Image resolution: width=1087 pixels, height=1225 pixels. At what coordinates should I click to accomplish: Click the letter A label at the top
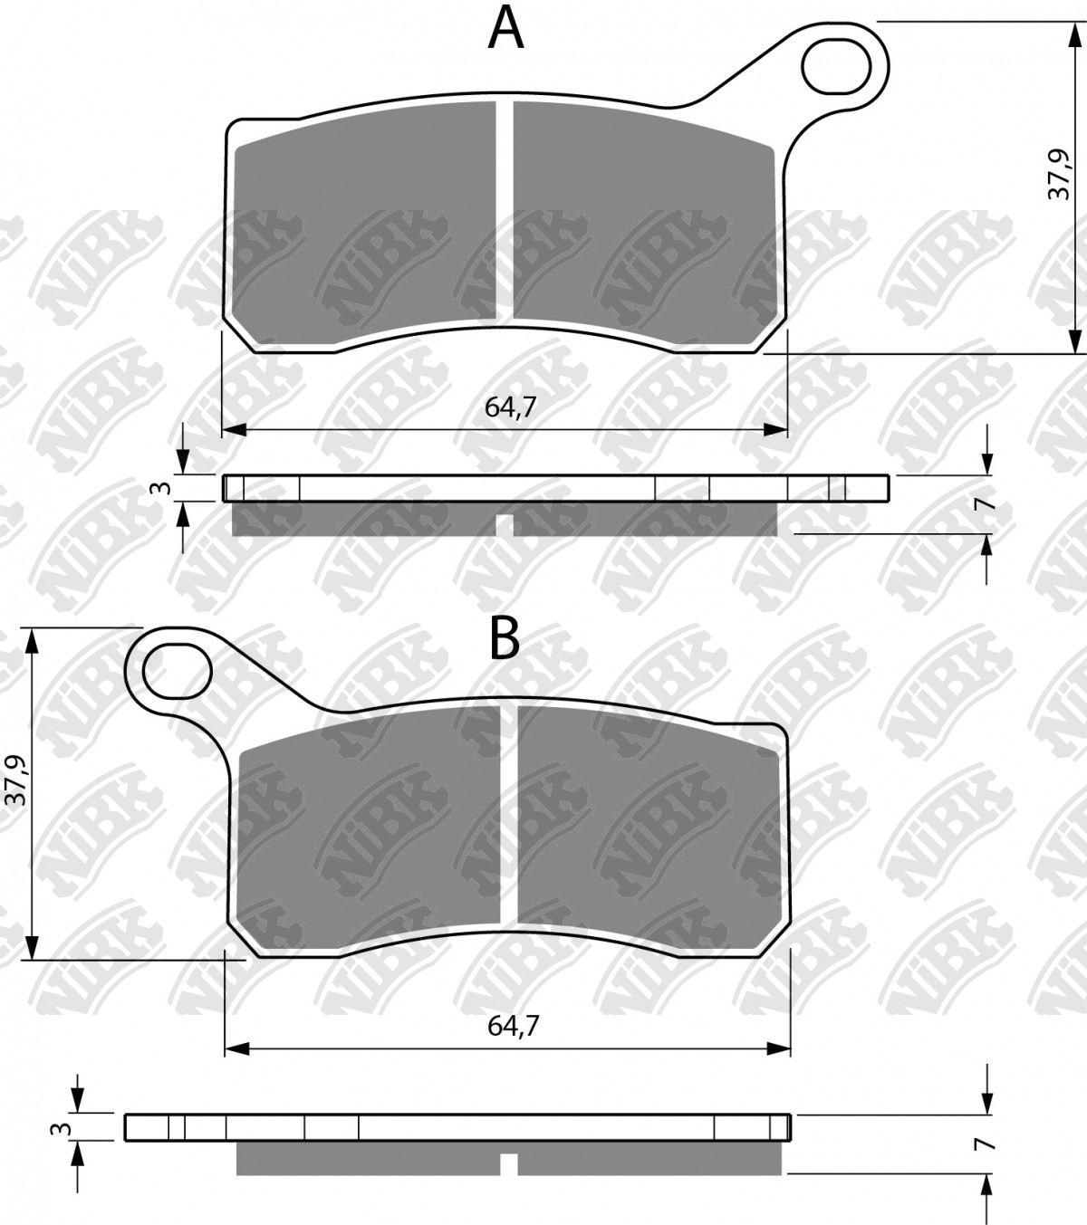coord(505,29)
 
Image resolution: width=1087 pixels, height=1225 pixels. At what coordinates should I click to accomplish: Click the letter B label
coord(505,638)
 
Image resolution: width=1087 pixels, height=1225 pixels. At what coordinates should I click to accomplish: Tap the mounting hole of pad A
coord(834,65)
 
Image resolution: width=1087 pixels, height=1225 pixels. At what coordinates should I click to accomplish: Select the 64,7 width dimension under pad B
coord(514,1026)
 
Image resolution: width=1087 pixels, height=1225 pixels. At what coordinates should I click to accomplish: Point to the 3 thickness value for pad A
coord(164,488)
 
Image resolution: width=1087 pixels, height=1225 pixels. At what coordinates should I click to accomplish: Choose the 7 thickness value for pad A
coord(988,504)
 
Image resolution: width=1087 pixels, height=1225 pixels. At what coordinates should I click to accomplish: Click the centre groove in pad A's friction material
coord(505,208)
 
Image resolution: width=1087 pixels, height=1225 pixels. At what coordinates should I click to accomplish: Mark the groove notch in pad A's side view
coord(505,525)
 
